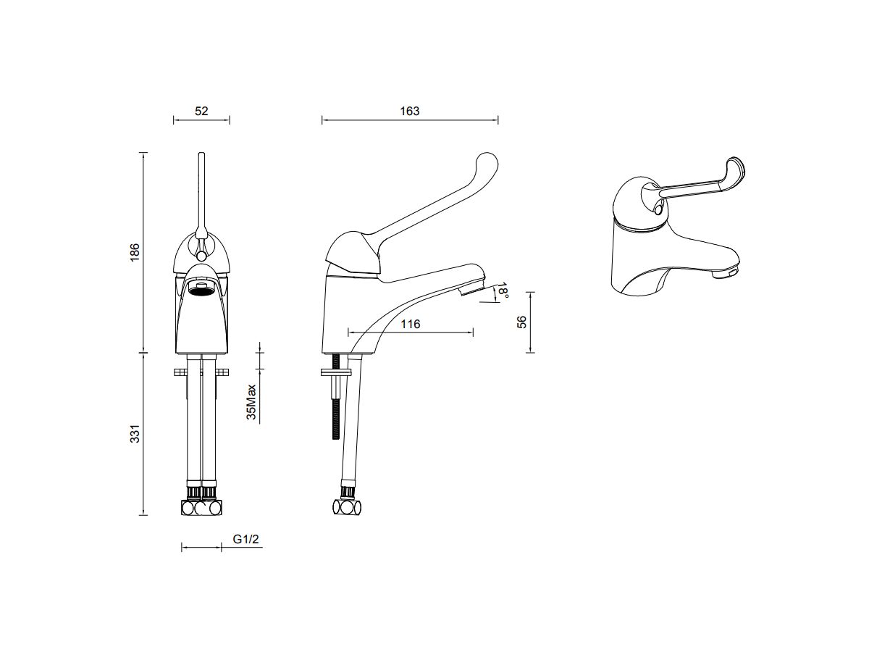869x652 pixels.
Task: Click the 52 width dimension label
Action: (x=201, y=111)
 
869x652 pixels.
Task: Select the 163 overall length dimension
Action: (x=409, y=111)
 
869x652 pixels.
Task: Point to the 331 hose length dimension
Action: (x=135, y=434)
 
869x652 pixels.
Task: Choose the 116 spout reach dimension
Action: (x=410, y=324)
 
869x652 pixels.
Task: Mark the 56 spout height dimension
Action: (x=521, y=322)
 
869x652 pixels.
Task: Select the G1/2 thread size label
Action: (x=246, y=540)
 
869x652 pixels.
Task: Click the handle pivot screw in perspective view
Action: (x=658, y=209)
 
